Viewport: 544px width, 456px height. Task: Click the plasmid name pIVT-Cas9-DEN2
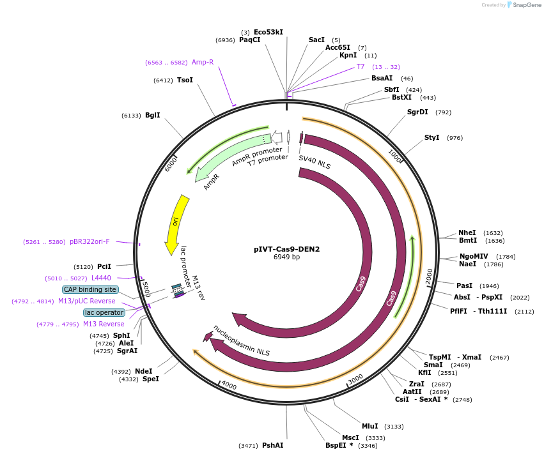point(286,249)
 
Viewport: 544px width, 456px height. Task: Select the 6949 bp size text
point(286,257)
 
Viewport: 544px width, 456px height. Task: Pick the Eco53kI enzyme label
point(268,32)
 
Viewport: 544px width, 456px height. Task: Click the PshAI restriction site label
point(272,445)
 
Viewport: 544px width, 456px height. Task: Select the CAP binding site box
point(90,289)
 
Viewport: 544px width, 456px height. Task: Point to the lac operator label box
point(105,312)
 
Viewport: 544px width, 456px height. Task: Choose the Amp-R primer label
point(203,62)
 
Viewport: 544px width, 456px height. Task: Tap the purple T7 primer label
point(361,66)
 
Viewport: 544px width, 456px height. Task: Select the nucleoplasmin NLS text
point(242,340)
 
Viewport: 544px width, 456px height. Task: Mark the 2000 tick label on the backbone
point(429,276)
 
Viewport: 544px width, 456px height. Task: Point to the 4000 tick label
point(228,386)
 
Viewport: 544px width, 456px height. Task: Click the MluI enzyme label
point(370,426)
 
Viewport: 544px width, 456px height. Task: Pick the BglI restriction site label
point(153,115)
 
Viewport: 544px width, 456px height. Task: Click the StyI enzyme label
point(432,137)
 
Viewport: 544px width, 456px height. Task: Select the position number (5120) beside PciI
point(84,266)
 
